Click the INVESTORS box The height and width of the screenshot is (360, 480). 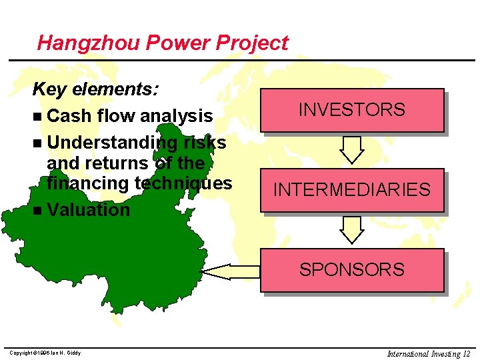pyautogui.click(x=352, y=110)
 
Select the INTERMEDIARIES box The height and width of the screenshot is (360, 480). pyautogui.click(x=352, y=190)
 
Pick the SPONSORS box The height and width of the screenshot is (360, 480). pyautogui.click(x=352, y=270)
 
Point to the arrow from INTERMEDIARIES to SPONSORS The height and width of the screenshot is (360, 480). pyautogui.click(x=351, y=230)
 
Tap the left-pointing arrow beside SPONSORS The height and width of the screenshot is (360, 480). pyautogui.click(x=230, y=271)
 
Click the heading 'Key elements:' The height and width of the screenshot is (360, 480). pyautogui.click(x=95, y=89)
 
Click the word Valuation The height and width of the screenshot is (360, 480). pyautogui.click(x=88, y=209)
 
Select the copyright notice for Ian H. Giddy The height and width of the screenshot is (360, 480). pyautogui.click(x=45, y=353)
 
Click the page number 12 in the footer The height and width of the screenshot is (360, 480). pyautogui.click(x=466, y=353)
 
